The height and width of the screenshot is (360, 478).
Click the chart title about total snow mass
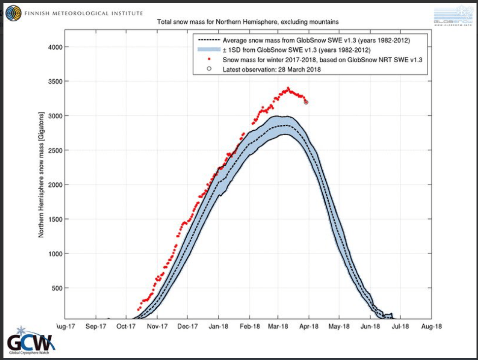pos(247,22)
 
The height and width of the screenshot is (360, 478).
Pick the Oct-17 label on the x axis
pos(126,326)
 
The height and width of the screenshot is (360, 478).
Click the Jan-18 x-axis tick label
pos(218,326)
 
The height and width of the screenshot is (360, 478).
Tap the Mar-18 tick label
pos(278,326)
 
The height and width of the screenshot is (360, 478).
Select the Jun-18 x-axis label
pos(370,326)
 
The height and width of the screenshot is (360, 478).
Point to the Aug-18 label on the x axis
pos(431,326)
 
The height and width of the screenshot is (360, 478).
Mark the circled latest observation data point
pos(306,102)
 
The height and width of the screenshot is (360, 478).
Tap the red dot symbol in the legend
pos(209,60)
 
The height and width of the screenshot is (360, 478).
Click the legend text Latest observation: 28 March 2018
pos(272,70)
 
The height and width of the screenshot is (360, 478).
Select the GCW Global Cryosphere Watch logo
pos(31,341)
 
